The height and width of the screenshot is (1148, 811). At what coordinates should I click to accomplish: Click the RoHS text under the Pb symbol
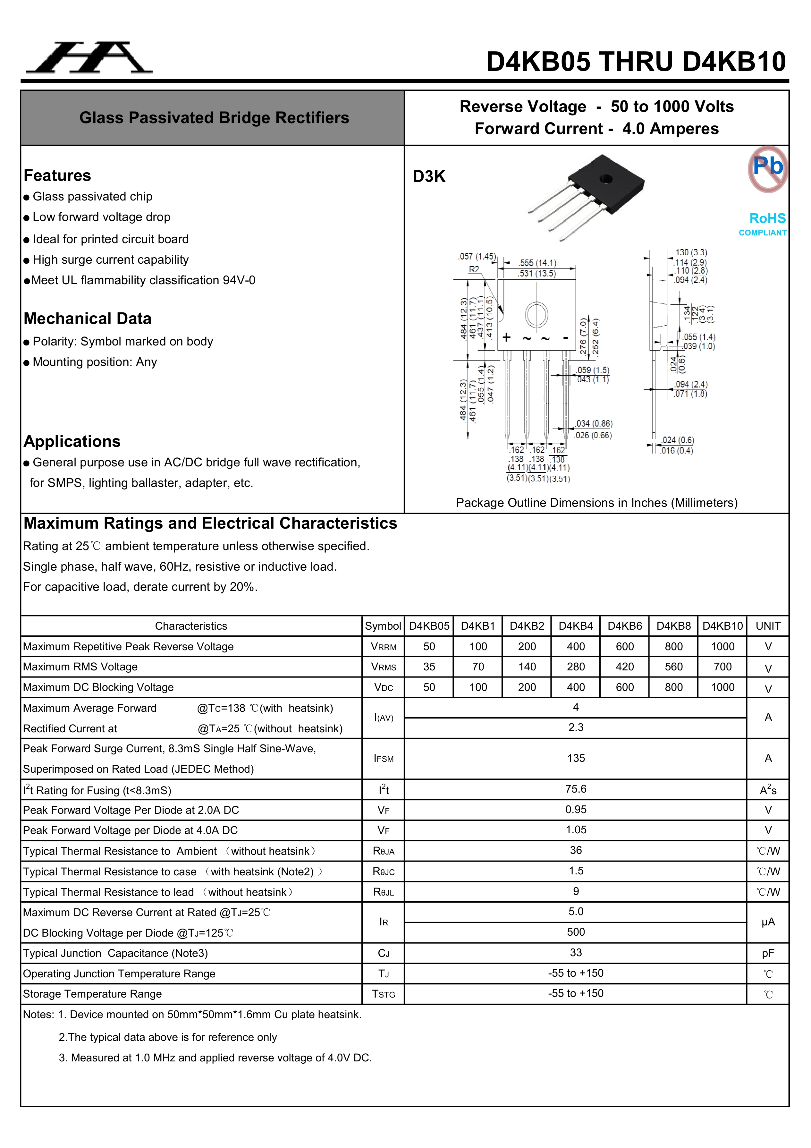coord(767,218)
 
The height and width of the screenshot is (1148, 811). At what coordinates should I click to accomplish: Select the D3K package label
coord(429,176)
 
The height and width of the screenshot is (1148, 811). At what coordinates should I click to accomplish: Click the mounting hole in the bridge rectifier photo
coord(606,178)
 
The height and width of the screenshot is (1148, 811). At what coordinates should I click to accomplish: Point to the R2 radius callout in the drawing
coord(474,269)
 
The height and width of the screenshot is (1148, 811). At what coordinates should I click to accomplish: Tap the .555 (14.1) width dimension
coord(537,262)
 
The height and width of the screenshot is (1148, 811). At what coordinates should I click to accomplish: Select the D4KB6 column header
coord(624,626)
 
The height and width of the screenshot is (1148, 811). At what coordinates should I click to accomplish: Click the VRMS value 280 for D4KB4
coord(576,667)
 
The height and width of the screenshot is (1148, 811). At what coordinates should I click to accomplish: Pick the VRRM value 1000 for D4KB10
coord(722,647)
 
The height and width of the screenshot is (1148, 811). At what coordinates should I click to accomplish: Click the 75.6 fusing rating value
coord(576,789)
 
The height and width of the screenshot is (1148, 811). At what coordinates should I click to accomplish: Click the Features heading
coord(57,175)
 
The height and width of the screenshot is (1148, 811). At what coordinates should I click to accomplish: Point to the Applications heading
coord(72,441)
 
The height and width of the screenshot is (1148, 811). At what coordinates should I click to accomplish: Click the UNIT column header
coord(768,626)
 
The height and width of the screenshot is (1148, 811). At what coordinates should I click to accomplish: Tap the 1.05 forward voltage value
coord(576,830)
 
